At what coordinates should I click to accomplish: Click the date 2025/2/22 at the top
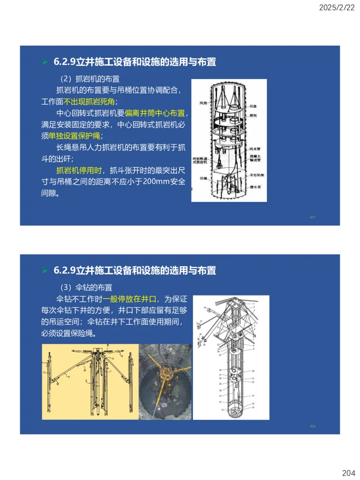337,8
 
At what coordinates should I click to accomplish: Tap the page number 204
348,473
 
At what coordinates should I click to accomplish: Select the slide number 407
313,218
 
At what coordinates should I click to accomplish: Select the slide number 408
313,426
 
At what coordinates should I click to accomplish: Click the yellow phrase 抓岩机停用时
78,170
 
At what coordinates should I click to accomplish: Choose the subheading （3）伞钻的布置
86,287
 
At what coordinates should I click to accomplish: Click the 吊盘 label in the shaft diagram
253,107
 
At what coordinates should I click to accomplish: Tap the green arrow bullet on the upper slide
44,62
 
